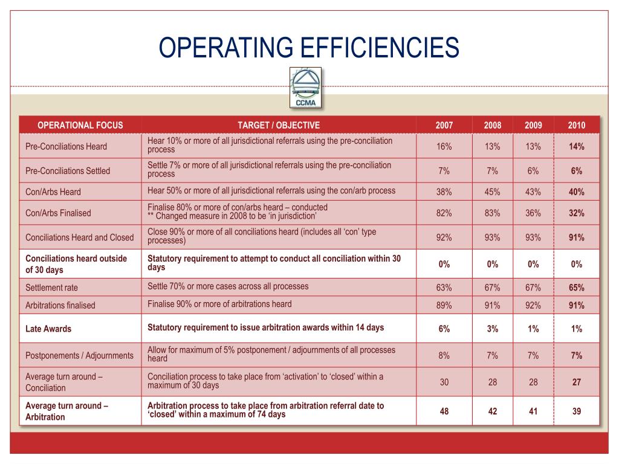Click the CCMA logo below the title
(306, 88)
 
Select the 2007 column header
(444, 126)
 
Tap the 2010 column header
(576, 126)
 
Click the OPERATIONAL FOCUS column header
(80, 126)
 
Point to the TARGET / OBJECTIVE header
(279, 126)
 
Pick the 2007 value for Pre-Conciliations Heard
(444, 146)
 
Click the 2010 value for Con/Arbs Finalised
(576, 213)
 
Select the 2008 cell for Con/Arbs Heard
(492, 192)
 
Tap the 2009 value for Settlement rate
(533, 287)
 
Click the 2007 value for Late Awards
(444, 329)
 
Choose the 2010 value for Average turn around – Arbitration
(576, 411)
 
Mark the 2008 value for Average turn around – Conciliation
(492, 382)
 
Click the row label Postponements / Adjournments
(79, 355)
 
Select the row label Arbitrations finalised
(60, 305)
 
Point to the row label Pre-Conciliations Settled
(68, 171)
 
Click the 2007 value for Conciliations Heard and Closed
(444, 237)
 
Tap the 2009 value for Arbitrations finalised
(533, 305)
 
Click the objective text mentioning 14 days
(266, 328)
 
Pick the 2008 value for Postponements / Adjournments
(492, 355)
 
